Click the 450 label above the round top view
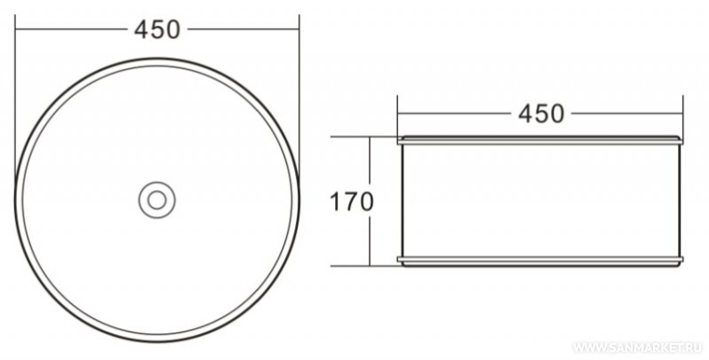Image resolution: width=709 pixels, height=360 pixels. (157, 30)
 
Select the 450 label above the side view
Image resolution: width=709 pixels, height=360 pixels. (541, 114)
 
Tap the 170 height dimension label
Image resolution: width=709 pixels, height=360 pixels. (351, 202)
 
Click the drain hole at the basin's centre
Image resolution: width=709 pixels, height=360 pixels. (157, 200)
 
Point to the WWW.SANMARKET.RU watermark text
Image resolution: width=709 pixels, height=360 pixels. (639, 348)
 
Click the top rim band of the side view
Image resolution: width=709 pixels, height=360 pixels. (540, 140)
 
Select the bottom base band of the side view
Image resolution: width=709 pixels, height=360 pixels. (540, 261)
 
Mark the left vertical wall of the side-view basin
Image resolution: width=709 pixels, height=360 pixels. (402, 200)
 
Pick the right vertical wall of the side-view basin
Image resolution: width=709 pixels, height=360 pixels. (679, 200)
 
